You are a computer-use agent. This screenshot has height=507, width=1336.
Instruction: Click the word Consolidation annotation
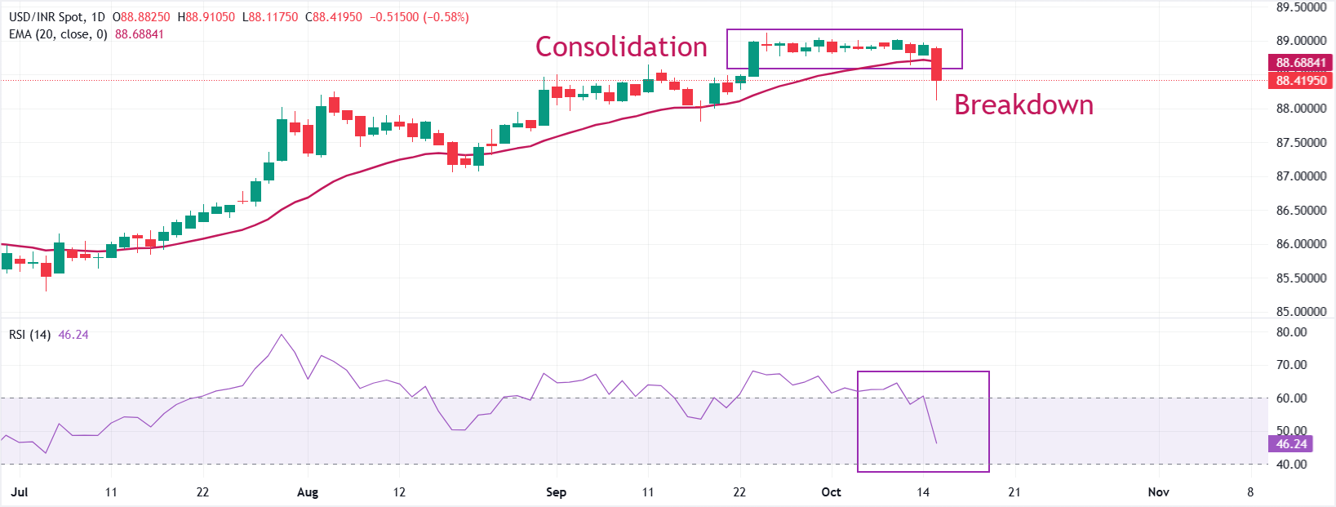click(x=621, y=47)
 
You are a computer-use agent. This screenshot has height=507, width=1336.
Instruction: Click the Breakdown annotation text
click(x=1023, y=105)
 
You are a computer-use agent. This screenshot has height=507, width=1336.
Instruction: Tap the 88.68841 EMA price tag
click(x=1301, y=63)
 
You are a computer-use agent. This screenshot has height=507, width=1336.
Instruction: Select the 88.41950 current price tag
click(x=1301, y=80)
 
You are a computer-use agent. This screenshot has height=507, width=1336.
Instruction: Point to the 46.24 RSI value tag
click(x=1291, y=444)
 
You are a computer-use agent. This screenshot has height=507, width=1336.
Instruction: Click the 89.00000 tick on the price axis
click(x=1301, y=41)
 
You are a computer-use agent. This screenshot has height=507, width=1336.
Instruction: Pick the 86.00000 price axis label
click(x=1301, y=244)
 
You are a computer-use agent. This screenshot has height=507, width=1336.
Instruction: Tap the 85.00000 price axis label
click(x=1301, y=312)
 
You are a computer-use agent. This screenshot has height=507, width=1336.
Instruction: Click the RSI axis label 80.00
click(x=1291, y=332)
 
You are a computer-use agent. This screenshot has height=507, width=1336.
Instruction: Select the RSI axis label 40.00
click(x=1291, y=465)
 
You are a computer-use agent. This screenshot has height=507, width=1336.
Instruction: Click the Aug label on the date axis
click(x=308, y=492)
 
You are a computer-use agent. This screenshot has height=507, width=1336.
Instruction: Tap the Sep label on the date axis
click(x=556, y=492)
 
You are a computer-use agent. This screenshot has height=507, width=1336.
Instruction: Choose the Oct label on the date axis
click(x=831, y=492)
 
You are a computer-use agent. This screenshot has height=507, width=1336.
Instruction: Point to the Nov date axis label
click(x=1158, y=492)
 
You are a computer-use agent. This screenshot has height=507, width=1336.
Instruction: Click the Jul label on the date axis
click(x=20, y=492)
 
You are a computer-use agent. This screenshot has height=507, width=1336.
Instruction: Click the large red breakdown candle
click(x=936, y=64)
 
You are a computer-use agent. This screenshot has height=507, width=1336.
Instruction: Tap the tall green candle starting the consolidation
click(x=753, y=59)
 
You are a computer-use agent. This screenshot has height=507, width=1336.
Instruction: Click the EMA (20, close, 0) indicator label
click(x=58, y=34)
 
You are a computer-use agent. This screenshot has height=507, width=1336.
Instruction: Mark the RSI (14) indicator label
click(x=29, y=335)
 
